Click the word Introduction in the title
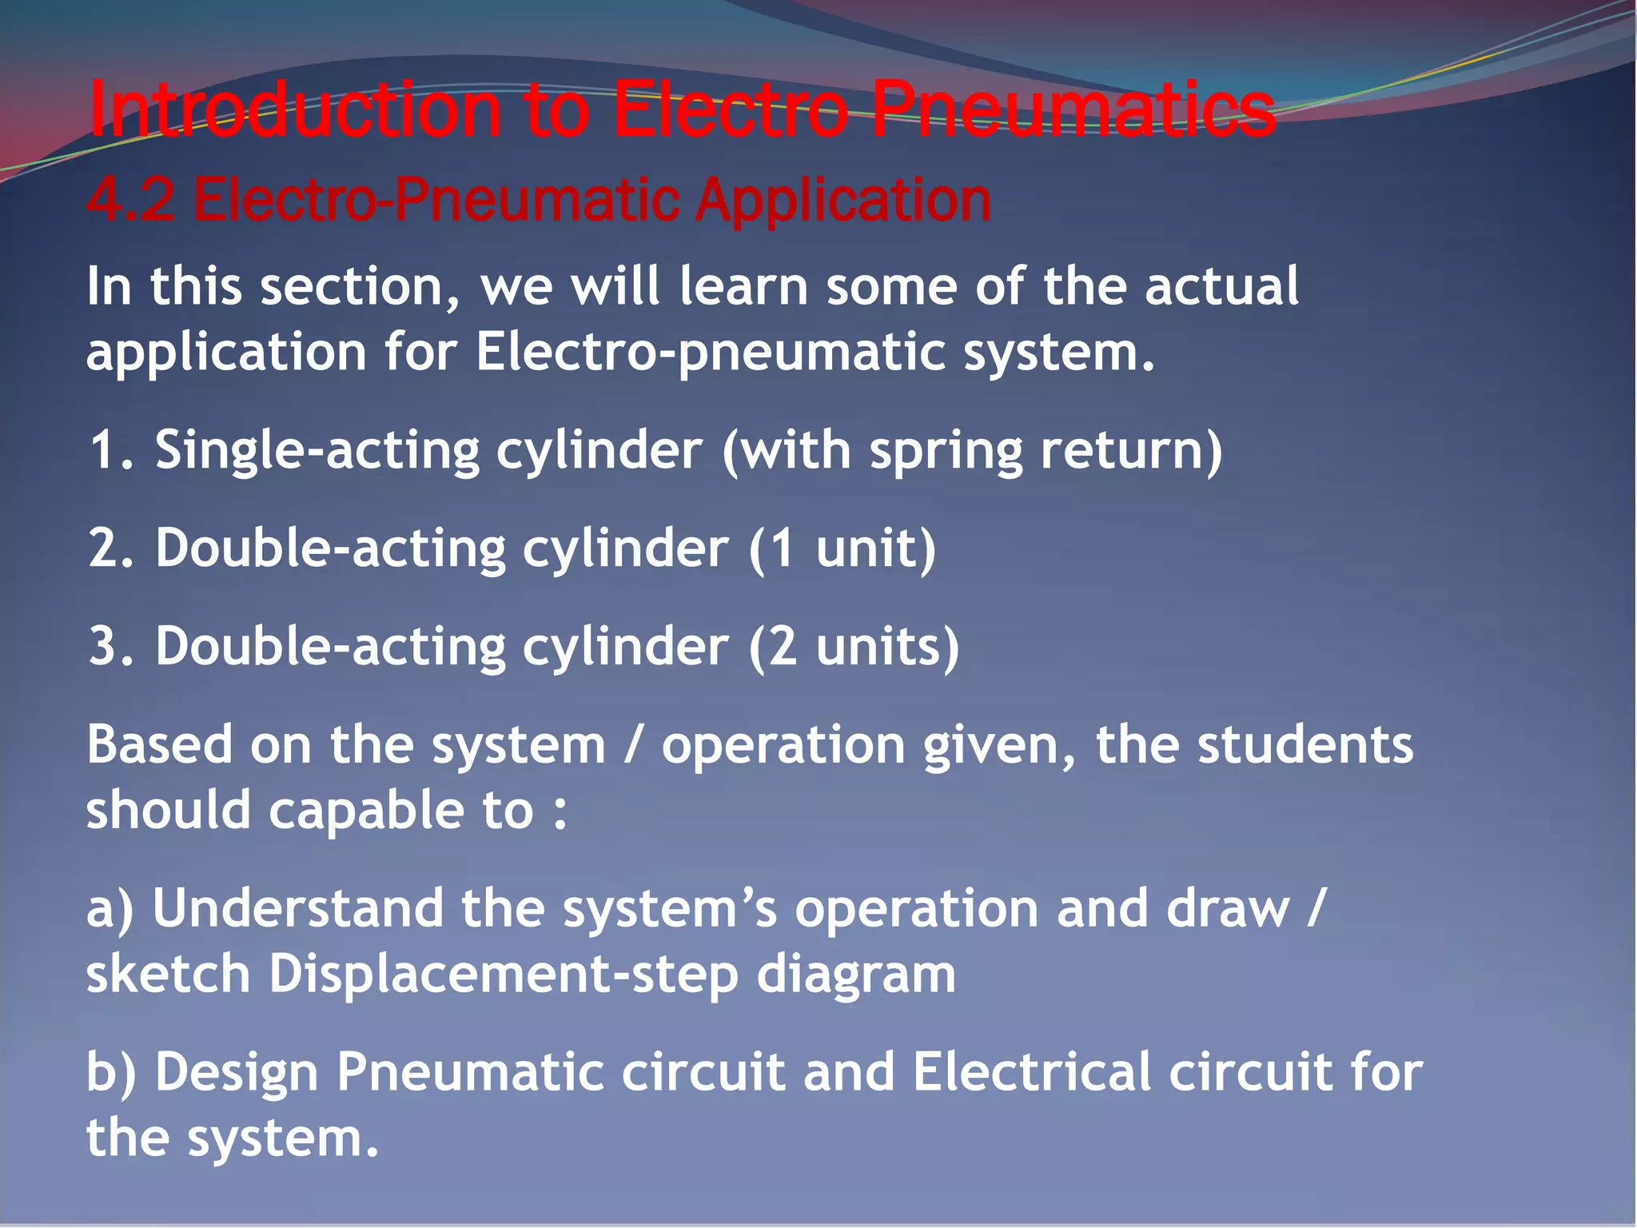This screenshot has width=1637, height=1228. [294, 110]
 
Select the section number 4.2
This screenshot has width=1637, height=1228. [130, 200]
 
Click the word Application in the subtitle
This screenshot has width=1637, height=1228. [843, 200]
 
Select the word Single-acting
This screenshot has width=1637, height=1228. [317, 450]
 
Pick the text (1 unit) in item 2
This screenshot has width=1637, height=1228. [842, 548]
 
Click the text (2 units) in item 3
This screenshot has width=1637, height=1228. [854, 646]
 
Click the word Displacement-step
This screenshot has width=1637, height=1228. [503, 974]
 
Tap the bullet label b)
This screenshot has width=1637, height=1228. [111, 1072]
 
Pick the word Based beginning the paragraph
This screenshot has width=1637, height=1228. [159, 744]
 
